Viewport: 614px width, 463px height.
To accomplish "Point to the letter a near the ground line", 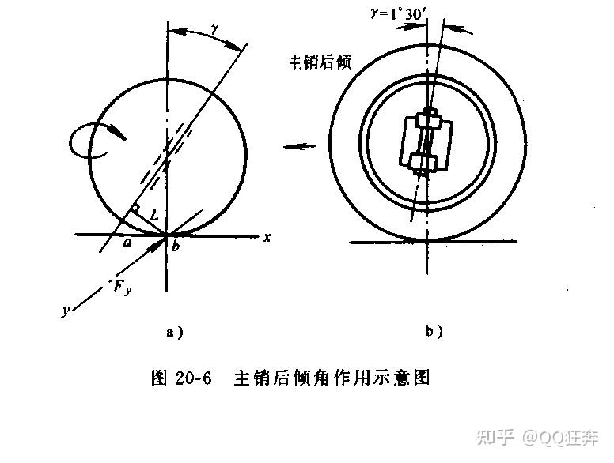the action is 127,243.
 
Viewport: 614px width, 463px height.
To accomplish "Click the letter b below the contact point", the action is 176,248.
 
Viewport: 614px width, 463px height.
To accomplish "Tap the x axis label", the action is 269,237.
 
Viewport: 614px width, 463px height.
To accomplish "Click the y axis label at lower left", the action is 66,311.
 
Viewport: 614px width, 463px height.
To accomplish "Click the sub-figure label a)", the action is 174,333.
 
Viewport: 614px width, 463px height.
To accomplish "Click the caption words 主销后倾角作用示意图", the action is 332,378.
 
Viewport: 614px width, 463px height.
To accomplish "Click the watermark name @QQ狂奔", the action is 560,435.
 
